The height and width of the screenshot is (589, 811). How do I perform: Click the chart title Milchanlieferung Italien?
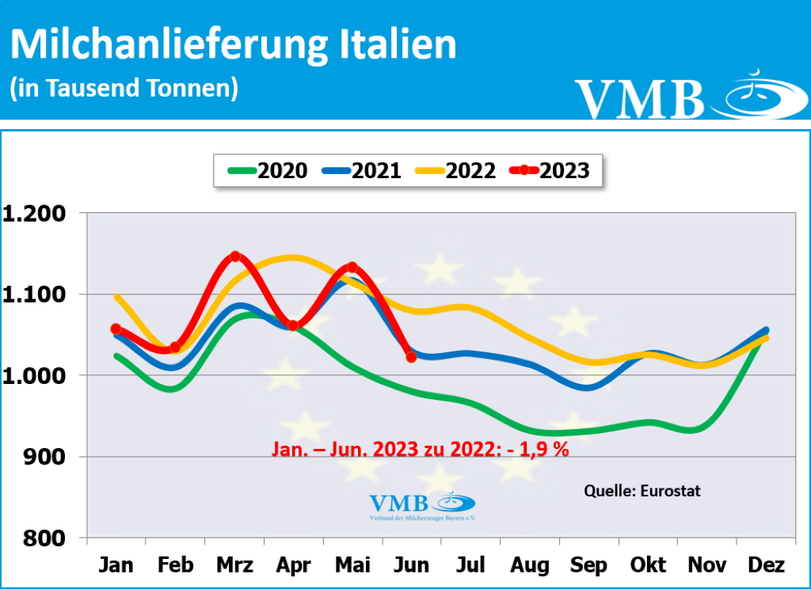233,45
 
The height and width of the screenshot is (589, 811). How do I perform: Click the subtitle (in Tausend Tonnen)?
124,88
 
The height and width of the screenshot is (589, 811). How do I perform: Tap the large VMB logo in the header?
681,97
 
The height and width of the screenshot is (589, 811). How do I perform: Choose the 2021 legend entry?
360,169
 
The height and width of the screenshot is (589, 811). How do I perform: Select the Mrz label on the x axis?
234,565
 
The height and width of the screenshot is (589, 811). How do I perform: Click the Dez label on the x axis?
766,565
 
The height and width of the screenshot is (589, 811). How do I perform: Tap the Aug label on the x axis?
530,565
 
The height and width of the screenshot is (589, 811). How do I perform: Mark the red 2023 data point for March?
234,256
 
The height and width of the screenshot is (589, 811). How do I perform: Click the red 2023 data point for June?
411,357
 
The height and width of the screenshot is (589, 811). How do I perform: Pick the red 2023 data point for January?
116,329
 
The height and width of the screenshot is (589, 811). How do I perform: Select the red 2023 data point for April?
293,325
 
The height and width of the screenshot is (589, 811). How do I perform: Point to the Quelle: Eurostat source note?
642,491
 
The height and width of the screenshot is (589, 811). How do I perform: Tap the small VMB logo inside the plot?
422,505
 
